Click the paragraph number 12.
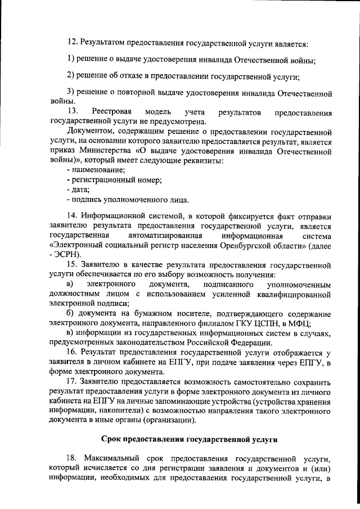(x=72, y=42)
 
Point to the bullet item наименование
(x=97, y=170)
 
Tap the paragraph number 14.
(x=72, y=215)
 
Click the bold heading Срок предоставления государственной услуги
(x=190, y=439)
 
